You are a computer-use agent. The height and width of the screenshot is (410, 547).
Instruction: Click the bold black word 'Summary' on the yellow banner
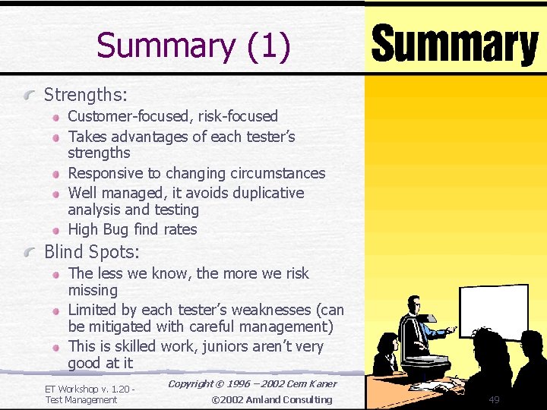(454, 45)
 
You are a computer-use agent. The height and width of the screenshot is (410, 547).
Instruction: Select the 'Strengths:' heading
(86, 95)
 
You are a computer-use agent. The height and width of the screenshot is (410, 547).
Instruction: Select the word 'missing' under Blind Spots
(93, 290)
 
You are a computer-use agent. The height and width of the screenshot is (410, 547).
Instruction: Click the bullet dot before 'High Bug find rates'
(56, 230)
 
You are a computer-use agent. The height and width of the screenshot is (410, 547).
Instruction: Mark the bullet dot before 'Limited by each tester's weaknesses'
(56, 311)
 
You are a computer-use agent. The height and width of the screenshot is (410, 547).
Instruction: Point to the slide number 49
(494, 399)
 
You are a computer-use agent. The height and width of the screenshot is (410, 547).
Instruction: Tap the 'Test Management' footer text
(81, 399)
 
